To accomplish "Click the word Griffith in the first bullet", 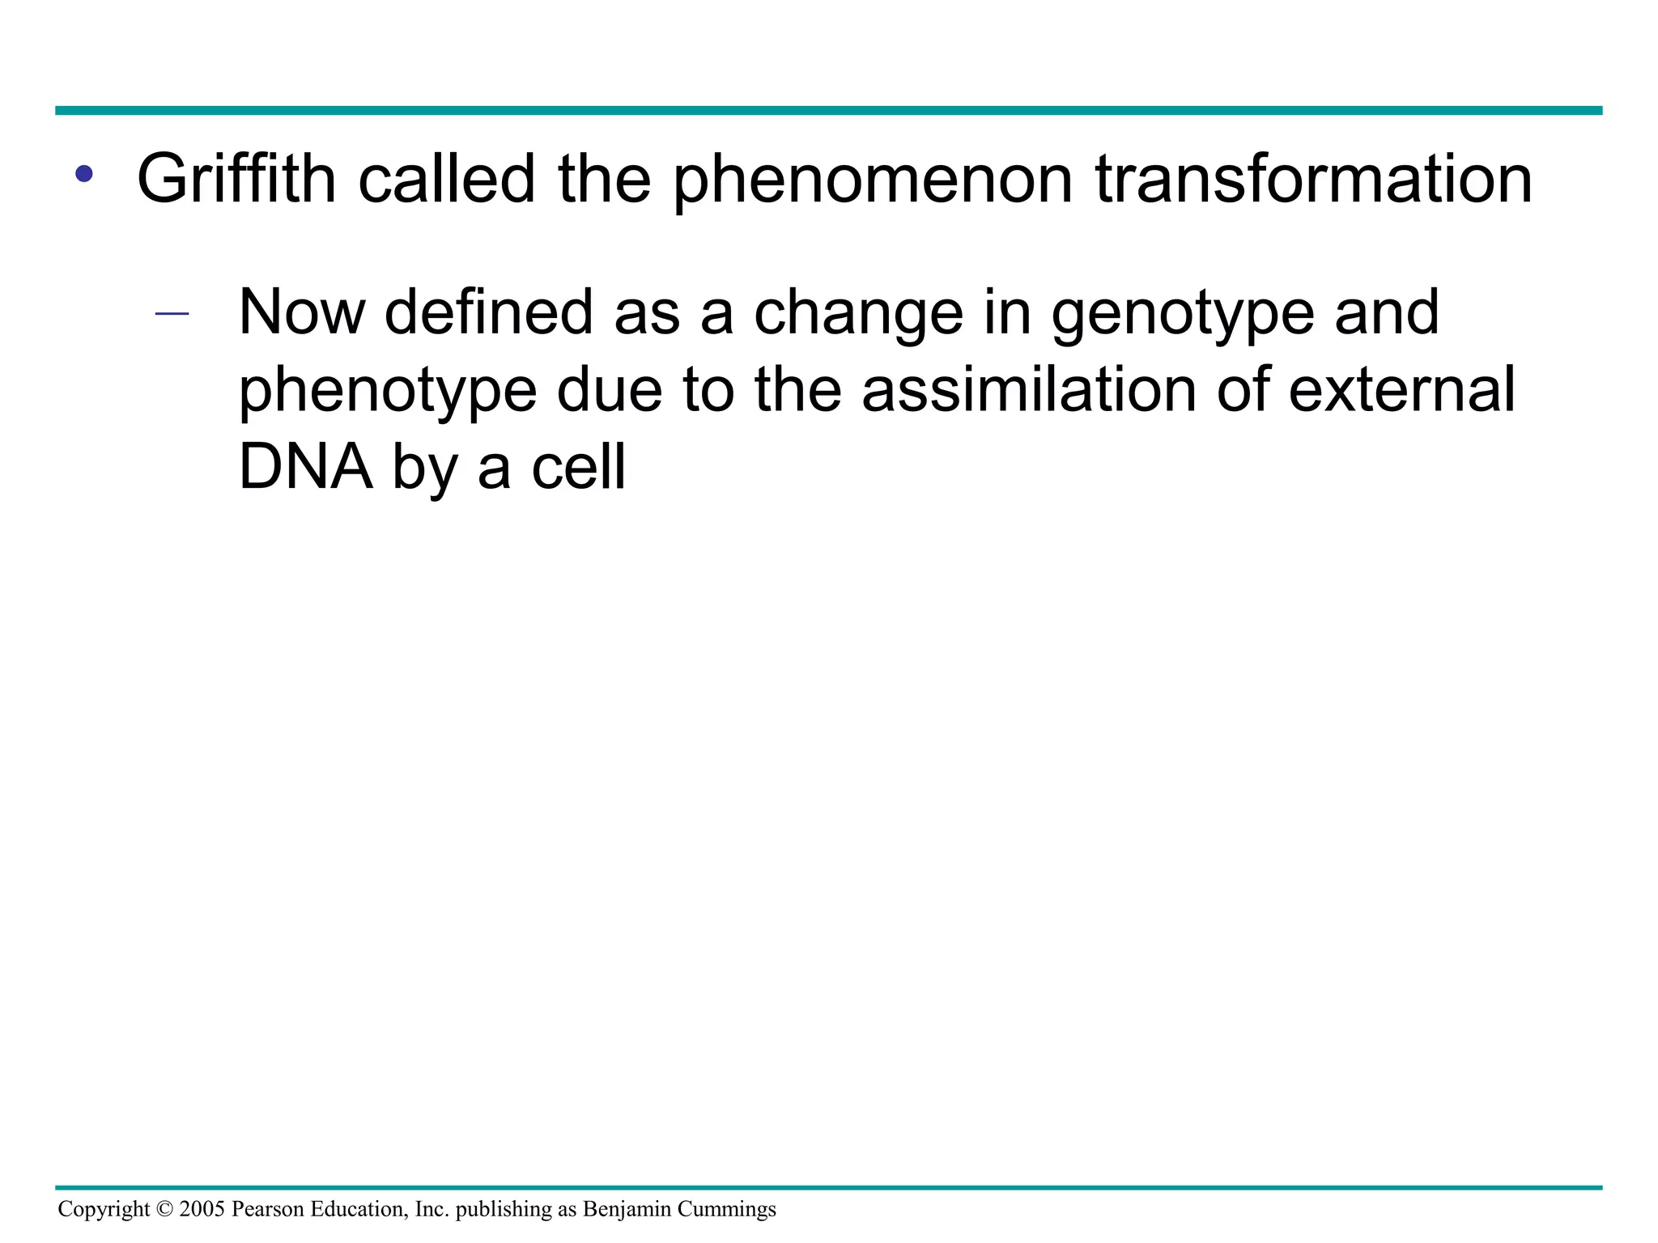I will tap(236, 180).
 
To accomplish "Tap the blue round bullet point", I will tap(83, 173).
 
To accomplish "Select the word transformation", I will tap(1313, 180).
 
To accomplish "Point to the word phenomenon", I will tap(872, 180).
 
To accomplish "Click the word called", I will tap(447, 180).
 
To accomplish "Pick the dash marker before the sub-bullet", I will tap(172, 314).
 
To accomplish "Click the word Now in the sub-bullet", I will tap(302, 313).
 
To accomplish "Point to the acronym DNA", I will tap(306, 468).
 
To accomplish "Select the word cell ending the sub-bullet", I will tap(578, 468).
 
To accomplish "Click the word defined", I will tap(489, 313).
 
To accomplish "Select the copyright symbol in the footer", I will tap(164, 1209).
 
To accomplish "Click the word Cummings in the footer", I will tap(726, 1209).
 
